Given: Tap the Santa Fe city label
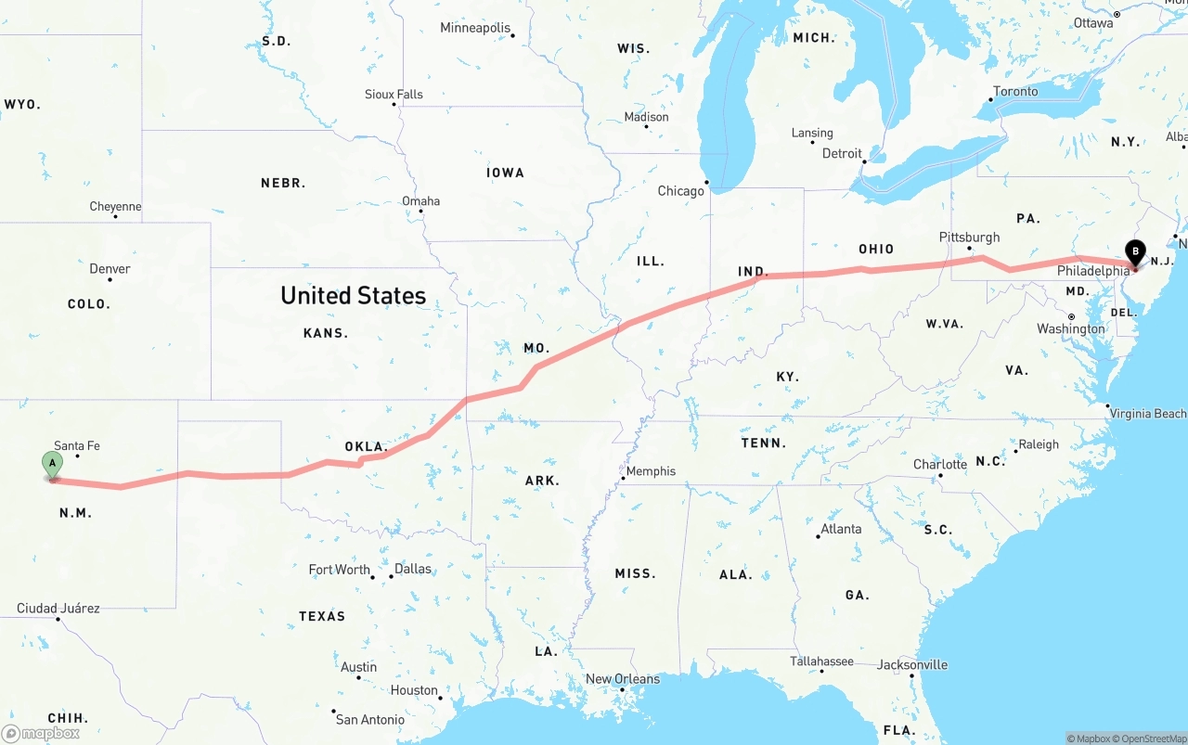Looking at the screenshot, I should (x=77, y=446).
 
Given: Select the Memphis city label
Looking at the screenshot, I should (x=651, y=471).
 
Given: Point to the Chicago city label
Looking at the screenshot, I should (x=681, y=191).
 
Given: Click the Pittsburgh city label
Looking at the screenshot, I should (x=969, y=238).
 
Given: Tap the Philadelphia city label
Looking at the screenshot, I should (x=1093, y=271).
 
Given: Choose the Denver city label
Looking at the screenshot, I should (x=110, y=269).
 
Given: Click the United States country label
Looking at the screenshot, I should (x=353, y=296).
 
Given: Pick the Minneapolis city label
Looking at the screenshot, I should (x=475, y=28).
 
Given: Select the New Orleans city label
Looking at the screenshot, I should (x=623, y=679).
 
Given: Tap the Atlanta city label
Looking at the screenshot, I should (x=841, y=529).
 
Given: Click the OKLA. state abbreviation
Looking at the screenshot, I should (x=366, y=447).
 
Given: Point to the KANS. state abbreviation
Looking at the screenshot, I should (x=326, y=333).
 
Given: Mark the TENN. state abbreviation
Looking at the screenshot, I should (x=764, y=443).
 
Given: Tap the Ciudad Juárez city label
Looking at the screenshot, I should (x=58, y=609).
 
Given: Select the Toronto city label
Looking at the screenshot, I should (x=1015, y=92).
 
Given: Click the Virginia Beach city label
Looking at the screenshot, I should (x=1148, y=414).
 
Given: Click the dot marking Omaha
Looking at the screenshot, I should (x=421, y=211).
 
